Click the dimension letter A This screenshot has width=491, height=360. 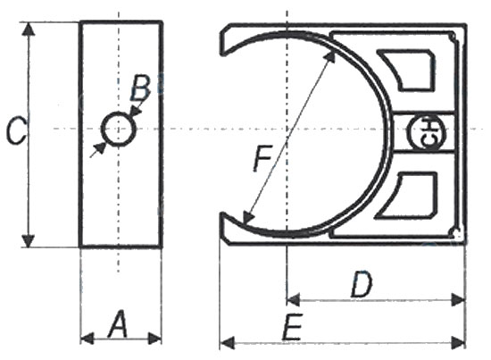118,323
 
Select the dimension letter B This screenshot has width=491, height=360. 140,88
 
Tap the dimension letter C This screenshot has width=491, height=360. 16,130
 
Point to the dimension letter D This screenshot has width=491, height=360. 362,283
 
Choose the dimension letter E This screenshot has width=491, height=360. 292,326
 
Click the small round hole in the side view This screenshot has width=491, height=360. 119,129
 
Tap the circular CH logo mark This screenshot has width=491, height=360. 427,132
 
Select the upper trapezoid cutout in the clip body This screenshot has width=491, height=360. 406,71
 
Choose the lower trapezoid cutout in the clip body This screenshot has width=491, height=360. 406,195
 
